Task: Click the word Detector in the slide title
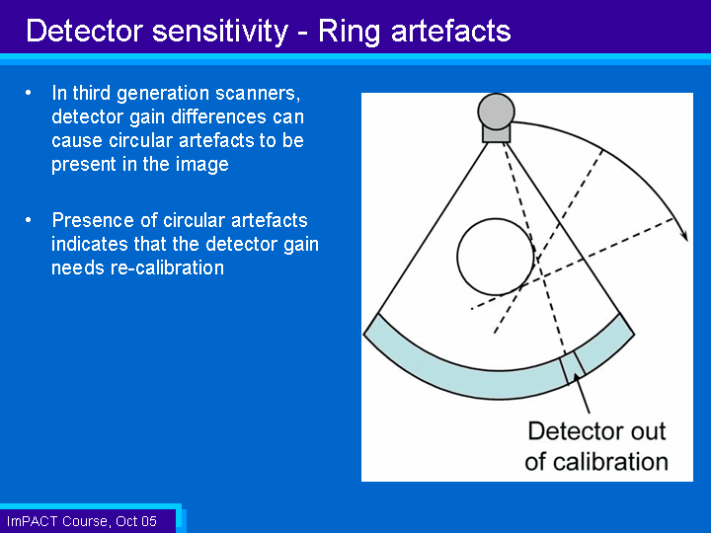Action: [85, 32]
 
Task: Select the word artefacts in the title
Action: [450, 32]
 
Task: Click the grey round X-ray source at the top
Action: [496, 111]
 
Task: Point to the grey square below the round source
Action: [496, 133]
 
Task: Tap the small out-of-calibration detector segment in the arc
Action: [572, 367]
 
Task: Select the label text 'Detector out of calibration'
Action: [596, 446]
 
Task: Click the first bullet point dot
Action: [29, 93]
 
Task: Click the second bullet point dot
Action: [29, 220]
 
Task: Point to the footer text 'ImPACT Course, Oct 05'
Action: [82, 521]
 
